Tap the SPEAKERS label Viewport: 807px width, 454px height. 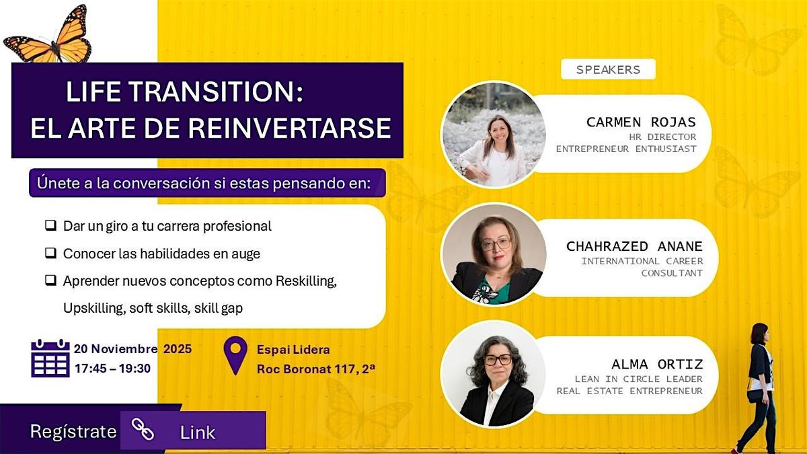click(x=608, y=69)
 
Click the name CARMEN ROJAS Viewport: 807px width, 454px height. click(x=641, y=122)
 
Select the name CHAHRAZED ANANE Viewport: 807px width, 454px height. click(x=634, y=247)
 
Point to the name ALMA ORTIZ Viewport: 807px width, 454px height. click(x=657, y=365)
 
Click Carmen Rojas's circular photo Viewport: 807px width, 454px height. click(x=494, y=135)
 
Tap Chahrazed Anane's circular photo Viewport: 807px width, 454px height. click(x=494, y=254)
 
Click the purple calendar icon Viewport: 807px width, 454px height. click(x=50, y=358)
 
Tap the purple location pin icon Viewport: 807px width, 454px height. click(x=235, y=354)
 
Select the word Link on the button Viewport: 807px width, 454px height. click(x=198, y=432)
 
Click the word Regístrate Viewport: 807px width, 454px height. click(x=73, y=432)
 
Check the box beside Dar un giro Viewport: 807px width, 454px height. click(x=50, y=226)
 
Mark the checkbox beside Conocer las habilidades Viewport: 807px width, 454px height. click(x=50, y=254)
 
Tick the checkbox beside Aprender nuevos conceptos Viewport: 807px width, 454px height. click(x=50, y=281)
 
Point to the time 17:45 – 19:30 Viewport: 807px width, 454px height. click(x=112, y=369)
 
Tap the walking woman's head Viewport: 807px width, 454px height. click(x=759, y=332)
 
